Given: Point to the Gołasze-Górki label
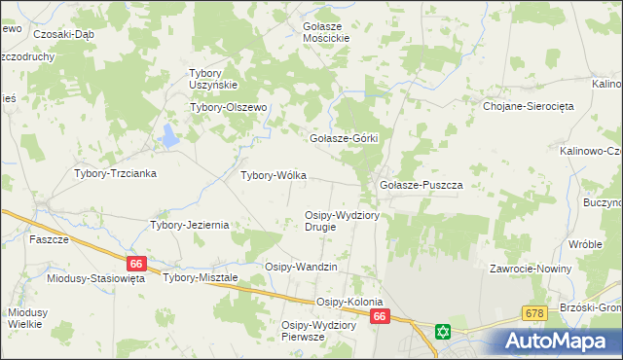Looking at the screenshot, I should (343, 138).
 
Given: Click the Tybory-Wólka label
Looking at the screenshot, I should (274, 176).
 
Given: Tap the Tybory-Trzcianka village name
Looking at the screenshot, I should (116, 173).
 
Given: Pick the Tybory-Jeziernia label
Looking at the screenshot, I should (189, 225).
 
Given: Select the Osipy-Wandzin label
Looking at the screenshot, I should (301, 267).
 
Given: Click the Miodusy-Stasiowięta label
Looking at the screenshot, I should (95, 278).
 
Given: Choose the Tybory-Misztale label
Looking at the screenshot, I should (202, 278).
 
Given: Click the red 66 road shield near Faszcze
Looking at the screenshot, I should (136, 264).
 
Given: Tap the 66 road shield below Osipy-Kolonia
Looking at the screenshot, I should (380, 317).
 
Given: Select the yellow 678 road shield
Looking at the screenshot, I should (533, 313).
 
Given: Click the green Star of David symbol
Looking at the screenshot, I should (444, 332).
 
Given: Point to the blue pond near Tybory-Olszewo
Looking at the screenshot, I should (171, 135).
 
